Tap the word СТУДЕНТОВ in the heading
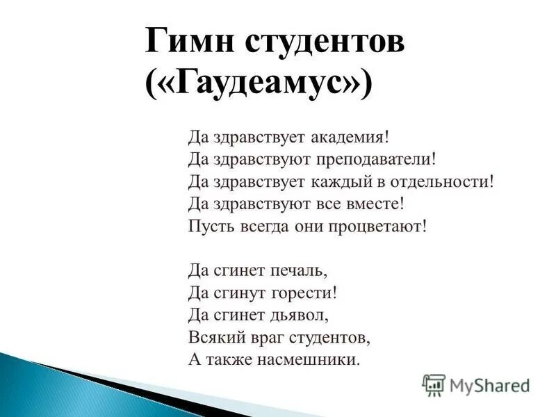point(322,43)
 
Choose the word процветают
point(376,227)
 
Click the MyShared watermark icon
point(434,384)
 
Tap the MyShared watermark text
point(490,385)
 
